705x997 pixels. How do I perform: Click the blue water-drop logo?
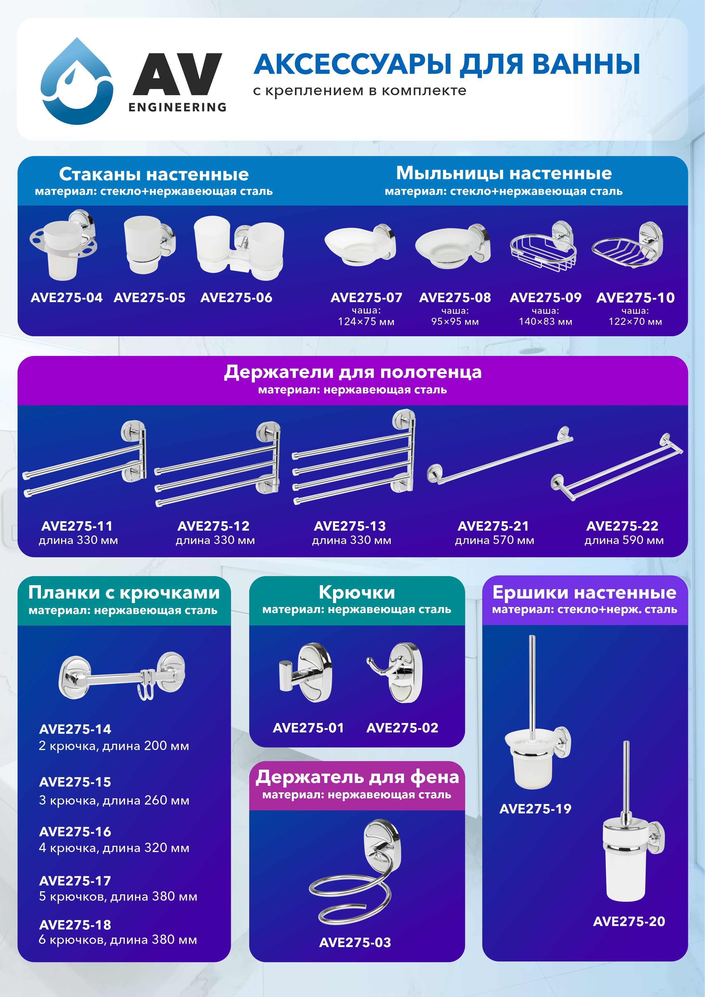[77, 81]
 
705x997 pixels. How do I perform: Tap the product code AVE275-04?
[66, 298]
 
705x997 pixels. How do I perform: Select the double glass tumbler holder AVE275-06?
[239, 248]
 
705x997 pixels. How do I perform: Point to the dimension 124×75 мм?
[366, 322]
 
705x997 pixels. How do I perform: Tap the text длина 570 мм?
[494, 540]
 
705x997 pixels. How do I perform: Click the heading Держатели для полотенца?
[352, 372]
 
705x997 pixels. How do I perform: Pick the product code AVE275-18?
[75, 925]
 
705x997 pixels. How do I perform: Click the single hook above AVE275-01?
[305, 673]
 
